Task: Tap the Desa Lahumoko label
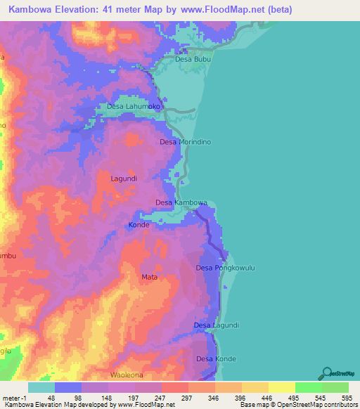134,107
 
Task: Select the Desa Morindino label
186,142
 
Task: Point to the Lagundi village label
124,178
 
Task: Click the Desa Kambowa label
181,203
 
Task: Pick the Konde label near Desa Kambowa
139,226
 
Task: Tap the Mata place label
149,277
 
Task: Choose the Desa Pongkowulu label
224,268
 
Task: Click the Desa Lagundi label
216,325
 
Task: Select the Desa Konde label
216,359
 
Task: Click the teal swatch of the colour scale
41,387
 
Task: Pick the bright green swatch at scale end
335,387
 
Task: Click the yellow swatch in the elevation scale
281,387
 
